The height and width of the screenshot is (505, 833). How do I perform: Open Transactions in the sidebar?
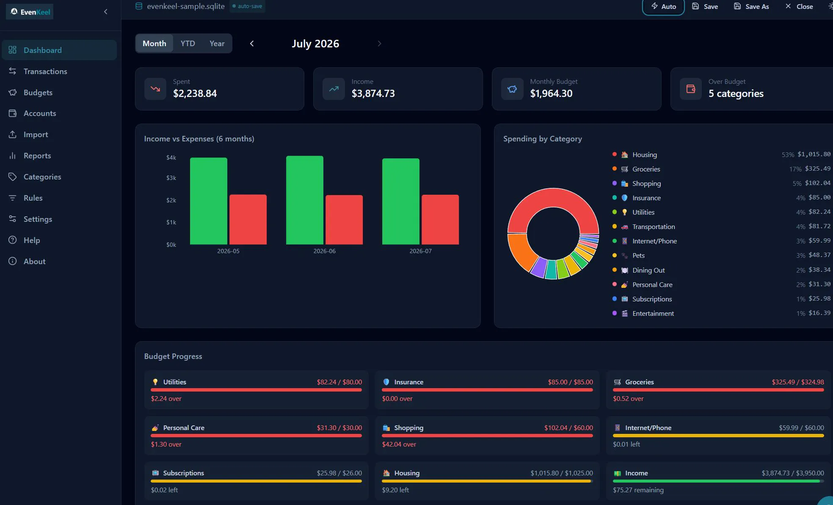pyautogui.click(x=45, y=71)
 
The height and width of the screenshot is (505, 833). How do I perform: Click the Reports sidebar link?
pyautogui.click(x=37, y=155)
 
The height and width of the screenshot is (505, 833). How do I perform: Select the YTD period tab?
pyautogui.click(x=188, y=43)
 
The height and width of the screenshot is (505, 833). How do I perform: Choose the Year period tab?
pyautogui.click(x=217, y=43)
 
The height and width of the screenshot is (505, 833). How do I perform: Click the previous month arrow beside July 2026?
pyautogui.click(x=252, y=43)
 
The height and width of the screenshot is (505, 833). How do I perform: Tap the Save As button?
pyautogui.click(x=751, y=6)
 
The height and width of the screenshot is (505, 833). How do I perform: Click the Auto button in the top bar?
pyautogui.click(x=663, y=6)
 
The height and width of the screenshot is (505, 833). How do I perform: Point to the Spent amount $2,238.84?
pyautogui.click(x=195, y=93)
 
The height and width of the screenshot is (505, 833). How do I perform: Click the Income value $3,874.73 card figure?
pyautogui.click(x=373, y=93)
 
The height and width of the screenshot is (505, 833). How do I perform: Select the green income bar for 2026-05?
pyautogui.click(x=209, y=201)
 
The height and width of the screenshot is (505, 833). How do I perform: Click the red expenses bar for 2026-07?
pyautogui.click(x=440, y=219)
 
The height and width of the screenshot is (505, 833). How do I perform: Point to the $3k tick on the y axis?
pyautogui.click(x=171, y=178)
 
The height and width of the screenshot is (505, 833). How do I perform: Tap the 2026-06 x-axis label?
pyautogui.click(x=324, y=251)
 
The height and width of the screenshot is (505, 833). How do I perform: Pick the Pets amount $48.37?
pyautogui.click(x=819, y=255)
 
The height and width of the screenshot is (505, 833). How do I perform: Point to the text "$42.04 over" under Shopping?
pyautogui.click(x=399, y=444)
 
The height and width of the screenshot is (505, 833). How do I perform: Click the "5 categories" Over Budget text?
pyautogui.click(x=736, y=93)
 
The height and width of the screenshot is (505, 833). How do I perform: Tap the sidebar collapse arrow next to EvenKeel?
pyautogui.click(x=106, y=12)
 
